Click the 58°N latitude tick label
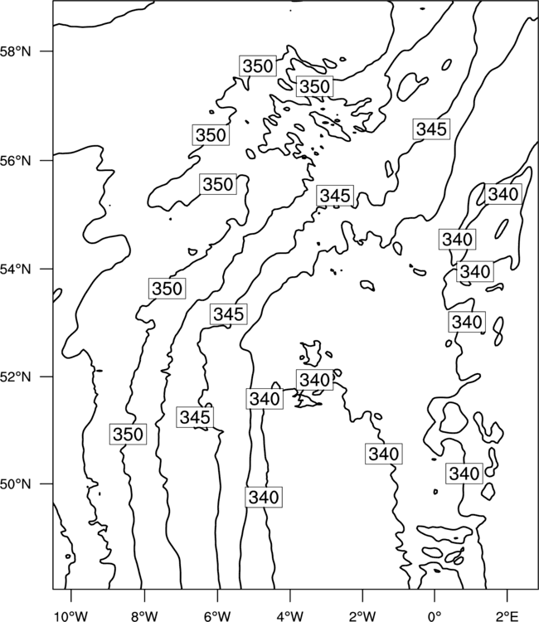[x=15, y=51]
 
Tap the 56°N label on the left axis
[x=15, y=161]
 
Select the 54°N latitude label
[x=15, y=270]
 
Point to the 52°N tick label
[x=15, y=377]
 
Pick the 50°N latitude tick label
[x=15, y=484]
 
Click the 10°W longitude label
[x=71, y=616]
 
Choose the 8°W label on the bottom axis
[x=144, y=616]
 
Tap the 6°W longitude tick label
[x=217, y=616]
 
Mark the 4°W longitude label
[x=290, y=616]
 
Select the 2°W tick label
[x=362, y=616]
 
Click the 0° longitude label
[x=435, y=616]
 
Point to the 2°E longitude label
[x=507, y=616]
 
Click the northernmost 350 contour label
[x=258, y=66]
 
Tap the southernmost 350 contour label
[x=128, y=434]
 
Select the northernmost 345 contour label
[x=431, y=129]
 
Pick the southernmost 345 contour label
[x=195, y=417]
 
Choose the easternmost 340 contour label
[x=503, y=194]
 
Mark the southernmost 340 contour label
[x=264, y=497]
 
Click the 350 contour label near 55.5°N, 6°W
[x=218, y=184]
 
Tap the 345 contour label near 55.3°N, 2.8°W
[x=335, y=196]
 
